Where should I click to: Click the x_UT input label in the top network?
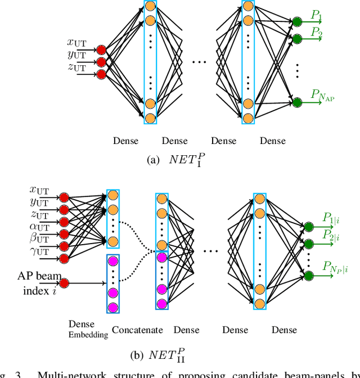(x=76, y=42)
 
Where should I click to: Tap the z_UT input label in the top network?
(x=76, y=67)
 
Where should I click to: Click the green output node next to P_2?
(x=296, y=39)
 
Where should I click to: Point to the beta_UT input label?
(x=39, y=238)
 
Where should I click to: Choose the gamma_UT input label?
(x=39, y=251)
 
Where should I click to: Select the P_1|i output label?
(x=334, y=217)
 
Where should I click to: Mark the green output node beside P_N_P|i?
(x=308, y=275)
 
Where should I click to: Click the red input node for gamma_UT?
(x=64, y=258)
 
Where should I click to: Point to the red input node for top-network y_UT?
(x=101, y=61)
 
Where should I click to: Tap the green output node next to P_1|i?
(x=308, y=227)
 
